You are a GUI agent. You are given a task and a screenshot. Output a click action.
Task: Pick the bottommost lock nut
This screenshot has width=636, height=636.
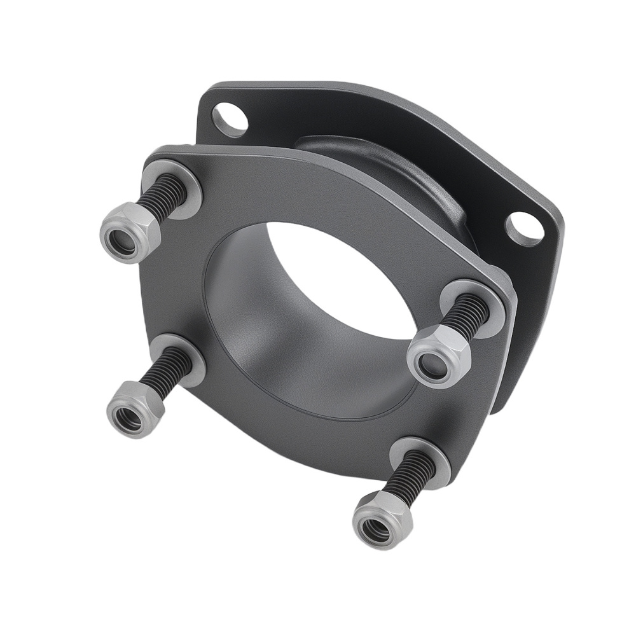point(382,519)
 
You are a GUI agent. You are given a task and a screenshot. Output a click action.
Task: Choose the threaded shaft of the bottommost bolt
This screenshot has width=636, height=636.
point(411,474)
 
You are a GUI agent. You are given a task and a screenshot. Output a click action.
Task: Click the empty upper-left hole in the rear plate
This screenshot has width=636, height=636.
point(230,119)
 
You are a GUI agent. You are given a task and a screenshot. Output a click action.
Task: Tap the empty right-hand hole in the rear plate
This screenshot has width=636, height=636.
point(525,229)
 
